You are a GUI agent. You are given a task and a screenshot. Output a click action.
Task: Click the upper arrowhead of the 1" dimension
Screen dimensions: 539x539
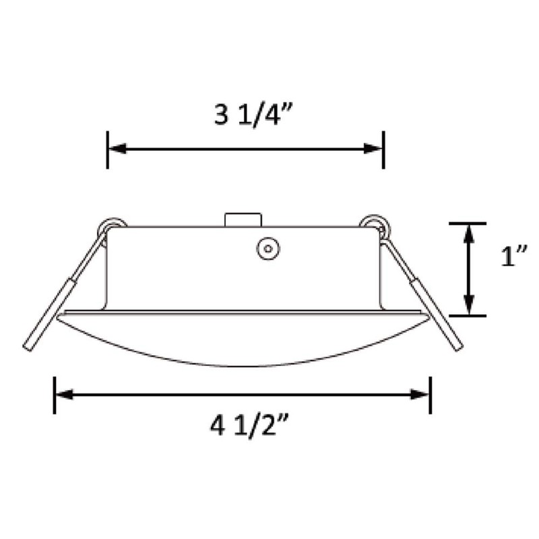coord(468,232)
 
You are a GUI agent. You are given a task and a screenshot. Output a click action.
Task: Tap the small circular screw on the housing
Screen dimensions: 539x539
coord(267,249)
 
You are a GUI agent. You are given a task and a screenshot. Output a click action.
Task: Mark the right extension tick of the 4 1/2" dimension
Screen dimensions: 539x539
coord(431,395)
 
